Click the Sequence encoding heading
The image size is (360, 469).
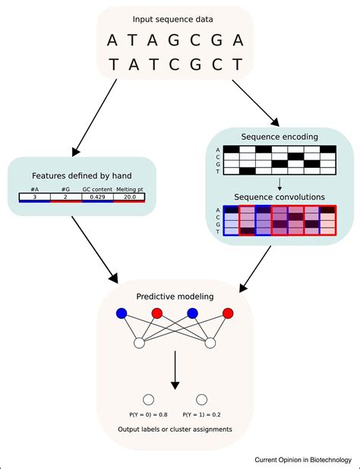280,137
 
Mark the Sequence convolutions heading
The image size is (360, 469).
280,197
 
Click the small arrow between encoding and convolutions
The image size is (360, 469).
280,183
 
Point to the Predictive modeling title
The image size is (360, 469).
175,296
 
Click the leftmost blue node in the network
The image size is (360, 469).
121,313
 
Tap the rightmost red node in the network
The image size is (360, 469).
228,313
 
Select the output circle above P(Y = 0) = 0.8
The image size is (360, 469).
149,399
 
